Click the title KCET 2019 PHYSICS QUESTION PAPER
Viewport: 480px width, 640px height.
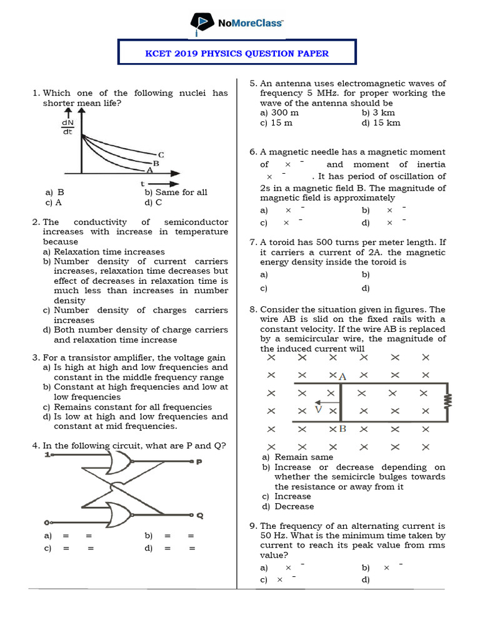(237, 53)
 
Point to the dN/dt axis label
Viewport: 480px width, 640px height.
(67, 127)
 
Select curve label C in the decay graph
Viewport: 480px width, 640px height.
(161, 154)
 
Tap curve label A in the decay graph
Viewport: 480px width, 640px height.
(149, 169)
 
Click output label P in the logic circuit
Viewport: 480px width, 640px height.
(199, 462)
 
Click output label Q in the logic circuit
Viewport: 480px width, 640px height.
(199, 516)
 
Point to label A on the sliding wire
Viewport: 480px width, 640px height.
(342, 376)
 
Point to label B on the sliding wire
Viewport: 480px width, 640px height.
(342, 429)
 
